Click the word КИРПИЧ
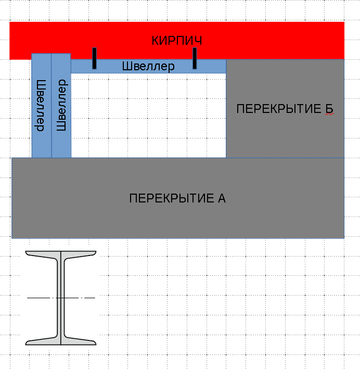tap(176, 41)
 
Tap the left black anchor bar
tap(94, 58)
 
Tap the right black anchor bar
tap(194, 58)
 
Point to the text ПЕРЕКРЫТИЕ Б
tap(284, 109)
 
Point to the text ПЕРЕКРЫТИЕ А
tap(177, 198)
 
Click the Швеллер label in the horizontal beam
tap(148, 67)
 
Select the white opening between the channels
tap(148, 114)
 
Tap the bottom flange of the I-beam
tap(61, 341)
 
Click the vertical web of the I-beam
tap(61, 317)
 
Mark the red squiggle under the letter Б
tap(329, 116)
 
